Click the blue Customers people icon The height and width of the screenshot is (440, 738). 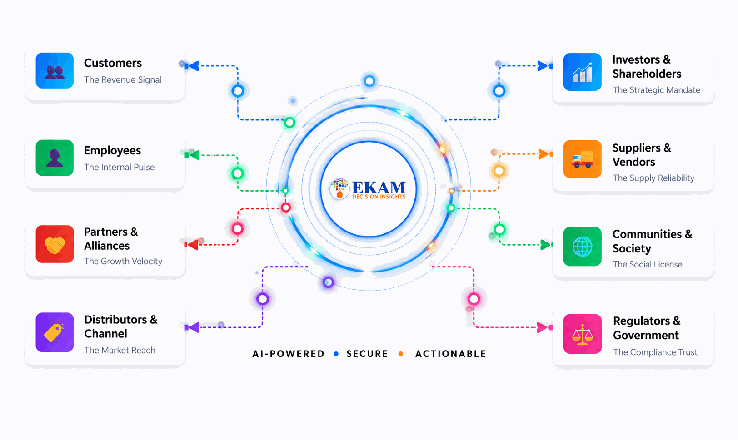tap(55, 70)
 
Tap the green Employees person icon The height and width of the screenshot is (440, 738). tap(55, 158)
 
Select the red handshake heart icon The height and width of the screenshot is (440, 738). tap(55, 244)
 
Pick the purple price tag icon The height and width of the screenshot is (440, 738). tap(55, 332)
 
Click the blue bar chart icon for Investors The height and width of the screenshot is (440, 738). tap(582, 72)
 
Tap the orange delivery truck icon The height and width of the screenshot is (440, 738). tap(582, 159)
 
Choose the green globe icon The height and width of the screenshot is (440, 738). tap(582, 247)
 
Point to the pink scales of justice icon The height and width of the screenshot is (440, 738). tap(582, 334)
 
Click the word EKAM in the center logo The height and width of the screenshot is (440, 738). tap(379, 187)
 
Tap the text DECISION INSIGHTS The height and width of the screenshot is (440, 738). tap(379, 197)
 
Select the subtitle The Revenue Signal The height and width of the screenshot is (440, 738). tap(123, 79)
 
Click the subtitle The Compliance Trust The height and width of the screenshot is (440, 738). tap(655, 352)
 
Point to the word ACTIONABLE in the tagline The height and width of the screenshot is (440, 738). tap(451, 354)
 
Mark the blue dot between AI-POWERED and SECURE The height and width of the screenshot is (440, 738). tap(336, 354)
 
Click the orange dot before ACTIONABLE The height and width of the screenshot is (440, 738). tap(401, 354)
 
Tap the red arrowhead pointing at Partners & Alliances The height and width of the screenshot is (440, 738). tap(193, 244)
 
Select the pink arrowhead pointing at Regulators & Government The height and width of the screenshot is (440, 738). tap(542, 327)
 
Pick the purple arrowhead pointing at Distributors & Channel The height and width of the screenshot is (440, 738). tap(194, 327)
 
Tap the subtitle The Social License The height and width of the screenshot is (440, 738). tap(648, 264)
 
